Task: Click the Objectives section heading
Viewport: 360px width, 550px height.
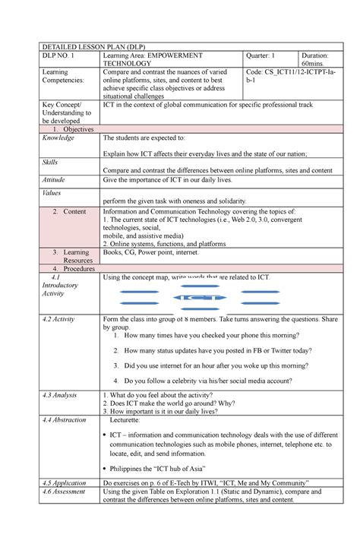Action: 74,129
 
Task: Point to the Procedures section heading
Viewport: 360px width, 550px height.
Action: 74,269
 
